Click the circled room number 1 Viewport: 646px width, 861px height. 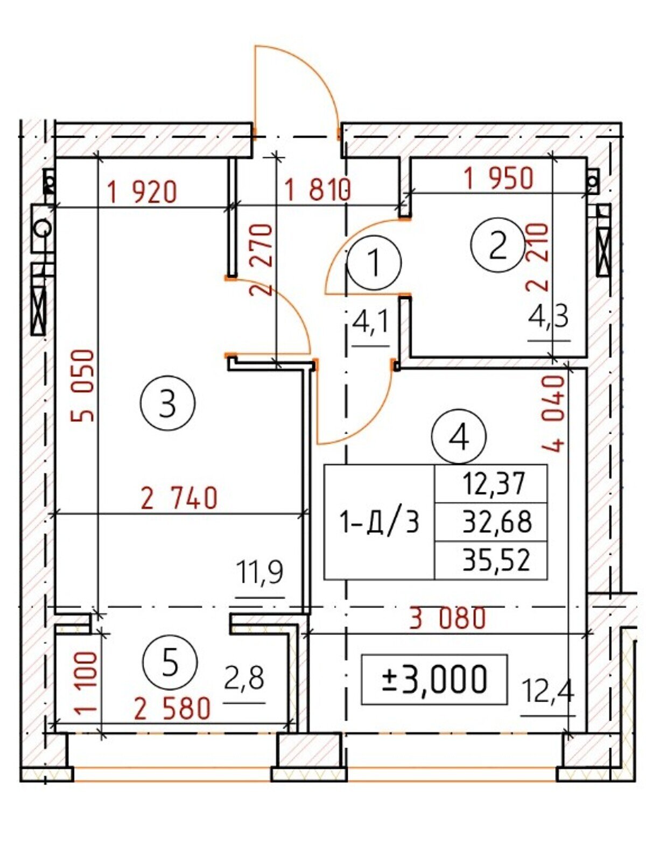pos(375,263)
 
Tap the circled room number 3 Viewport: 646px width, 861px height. pos(167,404)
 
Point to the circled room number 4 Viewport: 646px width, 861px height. pos(459,437)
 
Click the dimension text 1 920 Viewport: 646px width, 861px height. pos(142,192)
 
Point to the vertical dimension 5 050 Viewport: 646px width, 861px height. pos(83,386)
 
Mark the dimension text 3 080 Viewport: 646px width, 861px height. pos(448,618)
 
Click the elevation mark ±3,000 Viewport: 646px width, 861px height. pos(434,679)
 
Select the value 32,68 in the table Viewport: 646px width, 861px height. pos(497,522)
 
